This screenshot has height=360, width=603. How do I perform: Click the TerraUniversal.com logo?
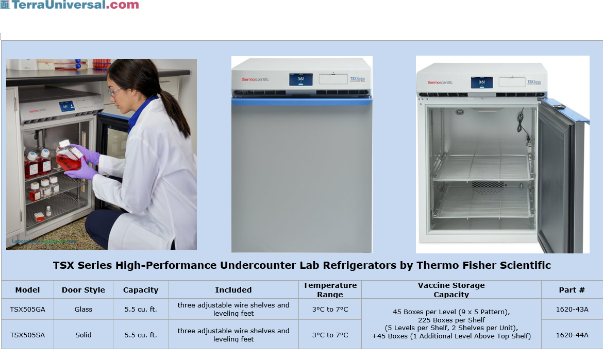click(70, 5)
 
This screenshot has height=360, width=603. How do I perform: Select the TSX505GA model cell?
click(27, 309)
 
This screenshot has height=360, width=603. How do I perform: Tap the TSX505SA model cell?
click(27, 335)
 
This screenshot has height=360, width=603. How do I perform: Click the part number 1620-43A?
click(572, 309)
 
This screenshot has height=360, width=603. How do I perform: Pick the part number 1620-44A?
click(572, 335)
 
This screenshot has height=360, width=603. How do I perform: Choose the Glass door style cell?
click(83, 309)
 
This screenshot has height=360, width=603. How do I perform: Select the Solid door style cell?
click(83, 335)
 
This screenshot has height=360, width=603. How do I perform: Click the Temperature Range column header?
click(330, 289)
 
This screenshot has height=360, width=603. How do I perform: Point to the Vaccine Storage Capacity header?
click(451, 289)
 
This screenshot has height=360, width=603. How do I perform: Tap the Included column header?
click(233, 290)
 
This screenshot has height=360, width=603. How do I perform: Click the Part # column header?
click(572, 290)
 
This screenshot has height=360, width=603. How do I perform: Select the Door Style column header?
click(83, 290)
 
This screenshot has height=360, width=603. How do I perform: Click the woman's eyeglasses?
click(115, 92)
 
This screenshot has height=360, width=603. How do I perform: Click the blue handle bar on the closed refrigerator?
click(301, 102)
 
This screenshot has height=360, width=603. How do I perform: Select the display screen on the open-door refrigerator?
click(481, 82)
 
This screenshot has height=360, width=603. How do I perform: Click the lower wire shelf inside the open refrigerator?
click(481, 203)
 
